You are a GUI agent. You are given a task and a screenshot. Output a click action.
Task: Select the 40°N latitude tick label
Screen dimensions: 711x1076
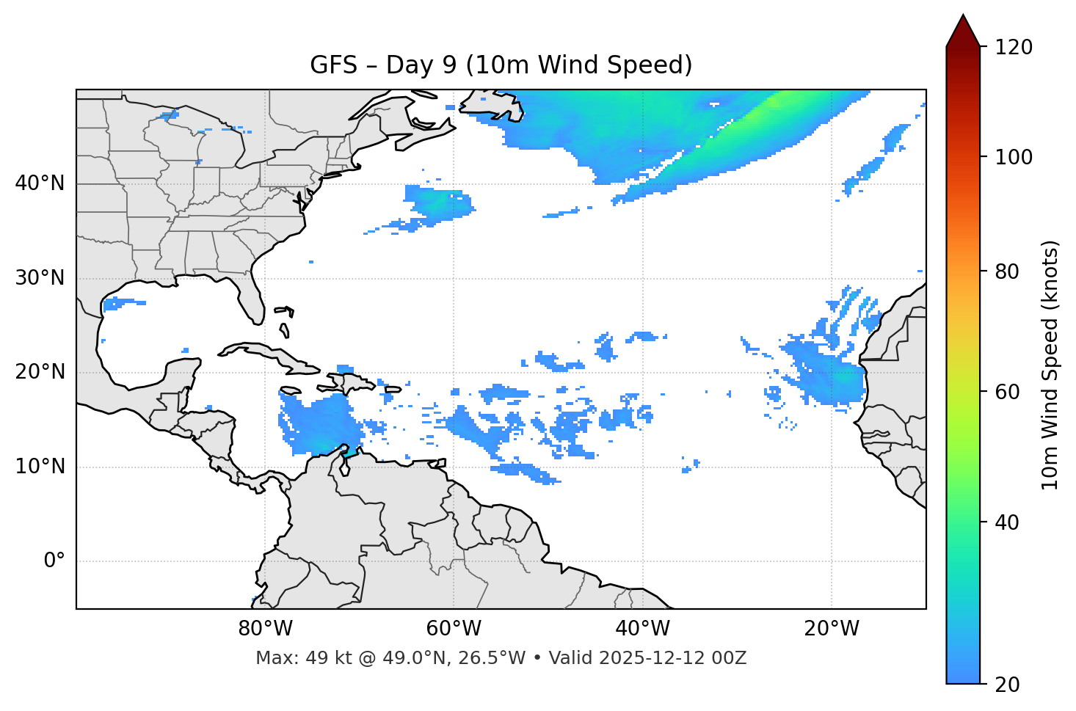click(x=40, y=183)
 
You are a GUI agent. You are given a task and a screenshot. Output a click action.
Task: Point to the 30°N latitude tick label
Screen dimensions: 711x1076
click(x=40, y=278)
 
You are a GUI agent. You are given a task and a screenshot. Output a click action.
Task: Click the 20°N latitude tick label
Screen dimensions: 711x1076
click(x=40, y=372)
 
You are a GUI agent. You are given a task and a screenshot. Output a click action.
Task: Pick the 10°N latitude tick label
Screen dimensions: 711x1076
click(x=40, y=467)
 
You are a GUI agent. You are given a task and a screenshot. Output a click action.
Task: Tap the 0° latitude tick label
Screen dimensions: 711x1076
click(x=54, y=561)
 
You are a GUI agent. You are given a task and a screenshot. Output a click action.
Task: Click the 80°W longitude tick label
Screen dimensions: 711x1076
click(x=265, y=629)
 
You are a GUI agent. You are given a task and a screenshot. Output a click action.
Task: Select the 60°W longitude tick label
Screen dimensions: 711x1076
click(x=454, y=629)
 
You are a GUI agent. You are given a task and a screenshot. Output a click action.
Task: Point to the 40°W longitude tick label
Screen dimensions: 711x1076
click(x=642, y=629)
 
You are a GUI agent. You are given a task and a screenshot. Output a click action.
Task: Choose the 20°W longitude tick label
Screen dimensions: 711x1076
click(x=832, y=629)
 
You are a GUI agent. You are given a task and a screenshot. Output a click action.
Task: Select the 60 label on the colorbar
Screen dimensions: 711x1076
click(x=1006, y=392)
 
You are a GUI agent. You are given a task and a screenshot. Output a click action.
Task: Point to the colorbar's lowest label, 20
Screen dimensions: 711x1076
click(x=1006, y=685)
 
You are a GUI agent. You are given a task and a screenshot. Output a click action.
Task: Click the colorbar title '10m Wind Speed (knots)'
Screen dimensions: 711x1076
click(x=1050, y=365)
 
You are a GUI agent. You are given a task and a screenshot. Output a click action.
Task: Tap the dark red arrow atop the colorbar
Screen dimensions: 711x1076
click(x=962, y=32)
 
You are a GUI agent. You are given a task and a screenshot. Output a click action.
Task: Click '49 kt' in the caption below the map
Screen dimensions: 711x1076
click(x=321, y=658)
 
